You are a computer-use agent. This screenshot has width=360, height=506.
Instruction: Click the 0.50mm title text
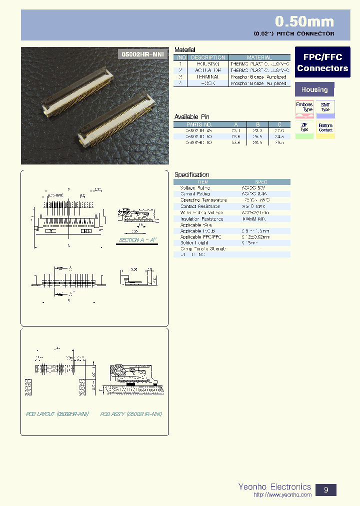pyautogui.click(x=304, y=21)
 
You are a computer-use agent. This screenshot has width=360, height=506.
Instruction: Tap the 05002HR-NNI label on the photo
pyautogui.click(x=142, y=54)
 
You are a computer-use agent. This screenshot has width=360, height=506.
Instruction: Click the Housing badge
pyautogui.click(x=314, y=89)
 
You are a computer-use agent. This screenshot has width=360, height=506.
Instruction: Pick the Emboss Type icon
pyautogui.click(x=304, y=108)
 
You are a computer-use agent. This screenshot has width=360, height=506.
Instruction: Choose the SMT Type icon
pyautogui.click(x=325, y=108)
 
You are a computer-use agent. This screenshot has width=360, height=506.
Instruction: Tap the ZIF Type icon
pyautogui.click(x=304, y=128)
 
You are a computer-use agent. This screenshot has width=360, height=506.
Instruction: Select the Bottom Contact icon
pyautogui.click(x=325, y=128)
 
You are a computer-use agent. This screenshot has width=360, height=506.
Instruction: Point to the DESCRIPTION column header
pyautogui.click(x=208, y=57)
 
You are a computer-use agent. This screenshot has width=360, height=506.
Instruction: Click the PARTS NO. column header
pyautogui.click(x=199, y=124)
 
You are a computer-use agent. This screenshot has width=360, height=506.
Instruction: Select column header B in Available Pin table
pyautogui.click(x=257, y=124)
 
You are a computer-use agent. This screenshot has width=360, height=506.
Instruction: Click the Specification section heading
pyautogui.click(x=192, y=174)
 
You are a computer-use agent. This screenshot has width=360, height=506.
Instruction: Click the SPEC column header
pyautogui.click(x=261, y=182)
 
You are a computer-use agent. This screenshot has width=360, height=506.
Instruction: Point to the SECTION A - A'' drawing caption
pyautogui.click(x=138, y=240)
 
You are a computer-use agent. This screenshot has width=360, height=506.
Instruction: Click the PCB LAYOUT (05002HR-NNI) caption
pyautogui.click(x=57, y=414)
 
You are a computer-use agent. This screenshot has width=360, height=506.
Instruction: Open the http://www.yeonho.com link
pyautogui.click(x=282, y=495)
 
